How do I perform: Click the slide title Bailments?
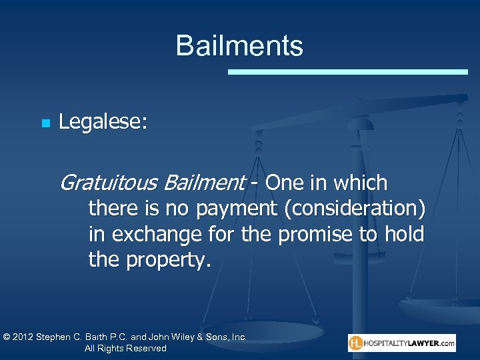point(239,46)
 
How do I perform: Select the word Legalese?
point(103,122)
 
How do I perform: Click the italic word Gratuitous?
point(109,183)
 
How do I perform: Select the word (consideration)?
point(354,209)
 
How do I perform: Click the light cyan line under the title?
point(348,71)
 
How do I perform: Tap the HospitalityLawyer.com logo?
point(402,343)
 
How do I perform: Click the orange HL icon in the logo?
point(357,343)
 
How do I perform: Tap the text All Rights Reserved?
point(125,349)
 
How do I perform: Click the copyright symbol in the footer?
point(7,337)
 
